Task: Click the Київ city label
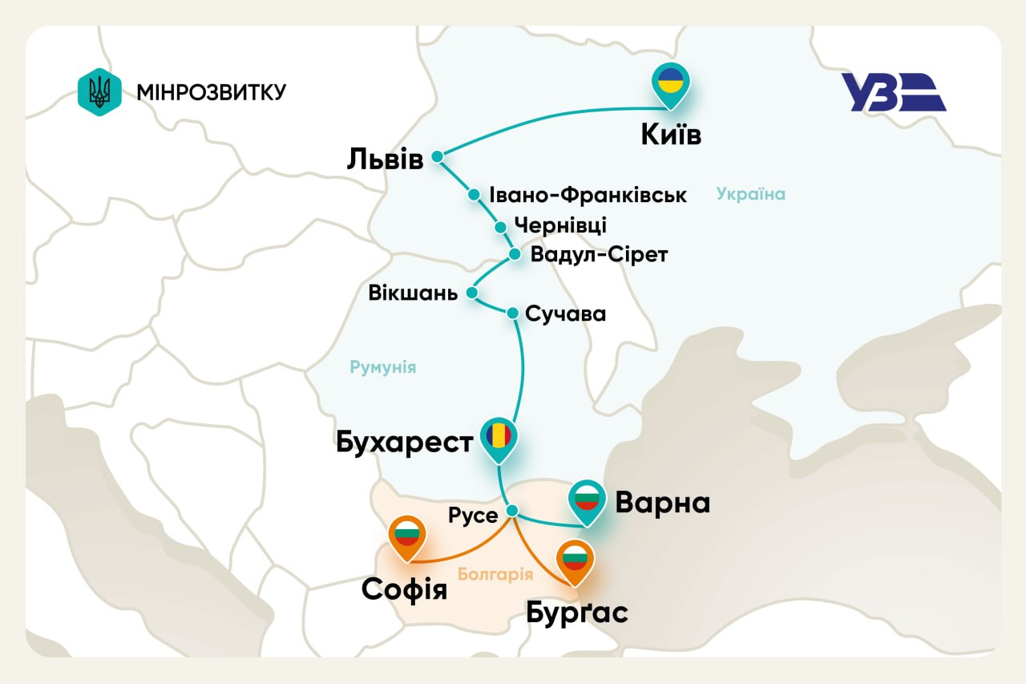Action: (x=671, y=135)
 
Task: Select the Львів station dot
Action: (x=437, y=156)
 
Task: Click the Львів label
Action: (x=385, y=158)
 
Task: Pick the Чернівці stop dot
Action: (x=499, y=225)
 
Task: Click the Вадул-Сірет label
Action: (x=599, y=254)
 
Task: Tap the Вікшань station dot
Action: (x=472, y=293)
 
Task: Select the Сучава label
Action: (x=565, y=314)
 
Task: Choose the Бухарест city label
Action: (x=404, y=441)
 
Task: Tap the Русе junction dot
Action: (x=513, y=511)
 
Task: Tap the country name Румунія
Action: (x=383, y=367)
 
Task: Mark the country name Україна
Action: (x=750, y=194)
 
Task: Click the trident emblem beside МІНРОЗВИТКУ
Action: (x=99, y=91)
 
